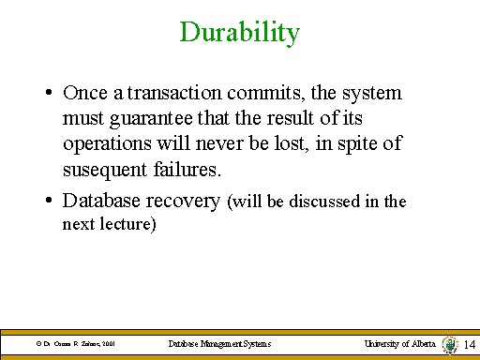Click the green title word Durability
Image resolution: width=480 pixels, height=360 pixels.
239,33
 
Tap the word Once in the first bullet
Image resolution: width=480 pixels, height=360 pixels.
82,94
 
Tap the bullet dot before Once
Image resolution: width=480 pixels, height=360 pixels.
47,95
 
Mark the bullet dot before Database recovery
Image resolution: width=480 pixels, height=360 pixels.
47,201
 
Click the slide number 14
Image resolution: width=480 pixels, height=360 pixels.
470,345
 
